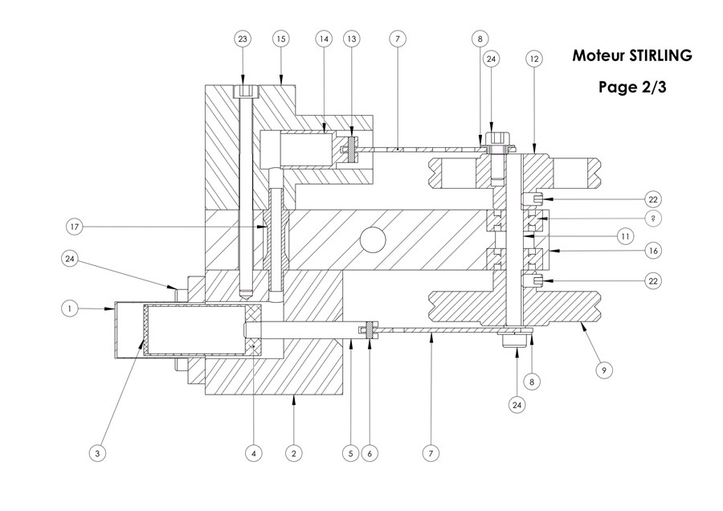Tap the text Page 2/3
[632, 88]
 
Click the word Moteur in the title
[594, 56]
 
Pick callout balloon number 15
[281, 39]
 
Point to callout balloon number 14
[324, 39]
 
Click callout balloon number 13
[351, 39]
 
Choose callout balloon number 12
[533, 58]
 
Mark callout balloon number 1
[71, 307]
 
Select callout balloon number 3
[97, 454]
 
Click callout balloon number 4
[254, 454]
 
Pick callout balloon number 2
[294, 454]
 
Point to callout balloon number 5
[349, 454]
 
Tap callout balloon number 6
[370, 454]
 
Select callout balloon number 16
[653, 251]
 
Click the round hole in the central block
[372, 239]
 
